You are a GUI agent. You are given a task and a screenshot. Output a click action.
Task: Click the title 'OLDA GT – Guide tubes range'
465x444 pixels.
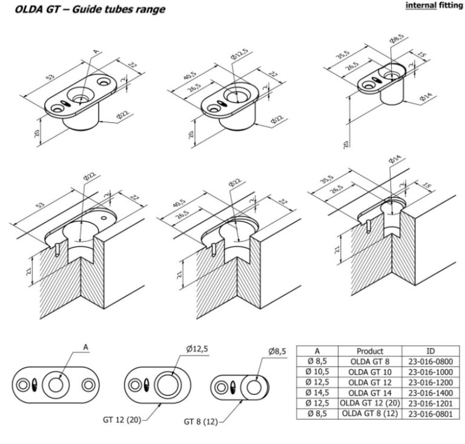pos(90,10)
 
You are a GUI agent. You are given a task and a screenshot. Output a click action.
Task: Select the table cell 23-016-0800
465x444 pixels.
pos(430,362)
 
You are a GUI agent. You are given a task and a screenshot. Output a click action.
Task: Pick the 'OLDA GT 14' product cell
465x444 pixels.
pos(370,393)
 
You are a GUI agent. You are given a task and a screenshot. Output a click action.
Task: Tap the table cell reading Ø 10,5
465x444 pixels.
pos(317,372)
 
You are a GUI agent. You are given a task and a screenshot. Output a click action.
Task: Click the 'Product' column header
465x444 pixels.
pos(370,351)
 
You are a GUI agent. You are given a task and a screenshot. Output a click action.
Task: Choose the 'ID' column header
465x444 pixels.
pos(430,351)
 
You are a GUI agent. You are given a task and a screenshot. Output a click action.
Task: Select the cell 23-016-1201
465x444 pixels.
pos(430,403)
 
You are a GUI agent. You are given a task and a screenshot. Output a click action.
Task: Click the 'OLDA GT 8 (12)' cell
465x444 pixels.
pos(370,414)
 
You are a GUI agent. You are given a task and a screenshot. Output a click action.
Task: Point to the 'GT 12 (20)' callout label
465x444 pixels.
pos(122,420)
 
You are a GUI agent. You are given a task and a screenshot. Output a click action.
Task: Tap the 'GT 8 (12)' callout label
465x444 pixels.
pos(201,422)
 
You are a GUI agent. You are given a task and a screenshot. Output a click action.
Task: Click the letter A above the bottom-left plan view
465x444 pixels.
pos(86,347)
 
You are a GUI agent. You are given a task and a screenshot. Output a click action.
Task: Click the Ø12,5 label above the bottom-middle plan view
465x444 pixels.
pos(197,349)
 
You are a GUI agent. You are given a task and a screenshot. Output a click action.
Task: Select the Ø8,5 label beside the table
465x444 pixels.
pos(277,351)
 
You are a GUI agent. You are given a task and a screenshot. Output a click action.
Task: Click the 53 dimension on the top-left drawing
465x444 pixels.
pos(50,76)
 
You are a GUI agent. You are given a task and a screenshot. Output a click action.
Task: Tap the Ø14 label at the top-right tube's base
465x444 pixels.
pos(426,97)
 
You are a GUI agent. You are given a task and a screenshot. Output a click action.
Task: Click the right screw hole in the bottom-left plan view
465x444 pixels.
pos(88,385)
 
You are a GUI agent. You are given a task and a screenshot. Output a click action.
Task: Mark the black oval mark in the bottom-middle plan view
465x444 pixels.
pos(146,386)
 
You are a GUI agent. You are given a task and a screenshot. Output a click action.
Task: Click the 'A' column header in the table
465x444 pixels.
pos(317,351)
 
